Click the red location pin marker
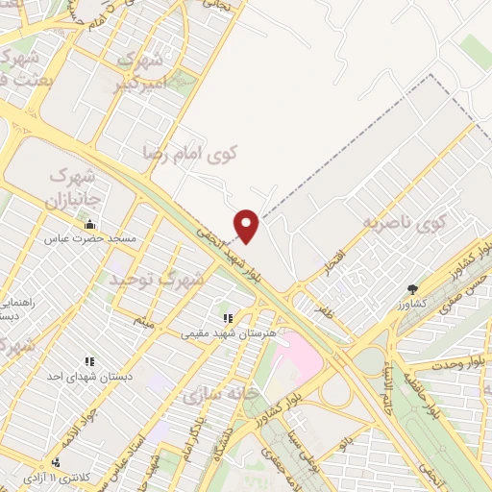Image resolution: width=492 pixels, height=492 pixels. pyautogui.click(x=248, y=225)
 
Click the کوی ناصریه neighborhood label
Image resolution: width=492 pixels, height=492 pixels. pyautogui.click(x=406, y=224)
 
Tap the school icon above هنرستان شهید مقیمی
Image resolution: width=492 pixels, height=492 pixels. pyautogui.click(x=228, y=319)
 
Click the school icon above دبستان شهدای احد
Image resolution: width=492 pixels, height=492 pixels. pyautogui.click(x=88, y=361)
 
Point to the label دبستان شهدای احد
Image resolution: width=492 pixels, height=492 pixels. pyautogui.click(x=91, y=376)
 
